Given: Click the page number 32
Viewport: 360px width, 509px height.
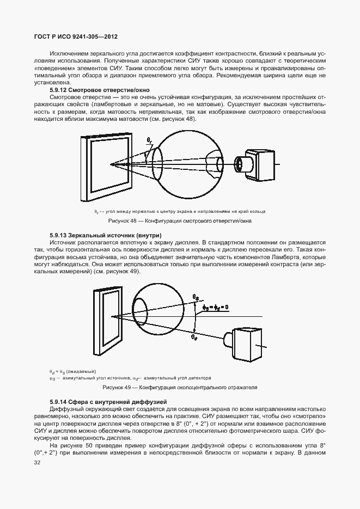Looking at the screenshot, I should pos(37,463).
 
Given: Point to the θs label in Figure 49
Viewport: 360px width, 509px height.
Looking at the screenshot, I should pos(196,296).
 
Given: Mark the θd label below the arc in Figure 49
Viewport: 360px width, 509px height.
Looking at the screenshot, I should pos(194,337).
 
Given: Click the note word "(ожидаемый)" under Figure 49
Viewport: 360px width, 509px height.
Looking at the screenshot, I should pos(81,371).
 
